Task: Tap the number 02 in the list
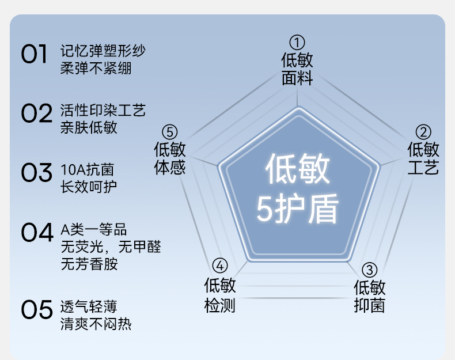tap(36, 113)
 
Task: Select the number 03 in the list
tap(36, 172)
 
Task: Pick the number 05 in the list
tap(36, 310)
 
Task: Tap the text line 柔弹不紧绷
tap(96, 68)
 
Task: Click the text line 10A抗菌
tap(87, 170)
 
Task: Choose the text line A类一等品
tap(93, 230)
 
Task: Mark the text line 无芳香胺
tap(89, 264)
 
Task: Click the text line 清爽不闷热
tap(96, 324)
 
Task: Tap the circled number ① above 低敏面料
tap(297, 42)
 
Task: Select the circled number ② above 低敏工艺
tap(423, 132)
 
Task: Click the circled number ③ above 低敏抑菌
tap(369, 270)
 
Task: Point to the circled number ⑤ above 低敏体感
tap(169, 132)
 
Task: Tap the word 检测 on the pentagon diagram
tap(219, 305)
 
